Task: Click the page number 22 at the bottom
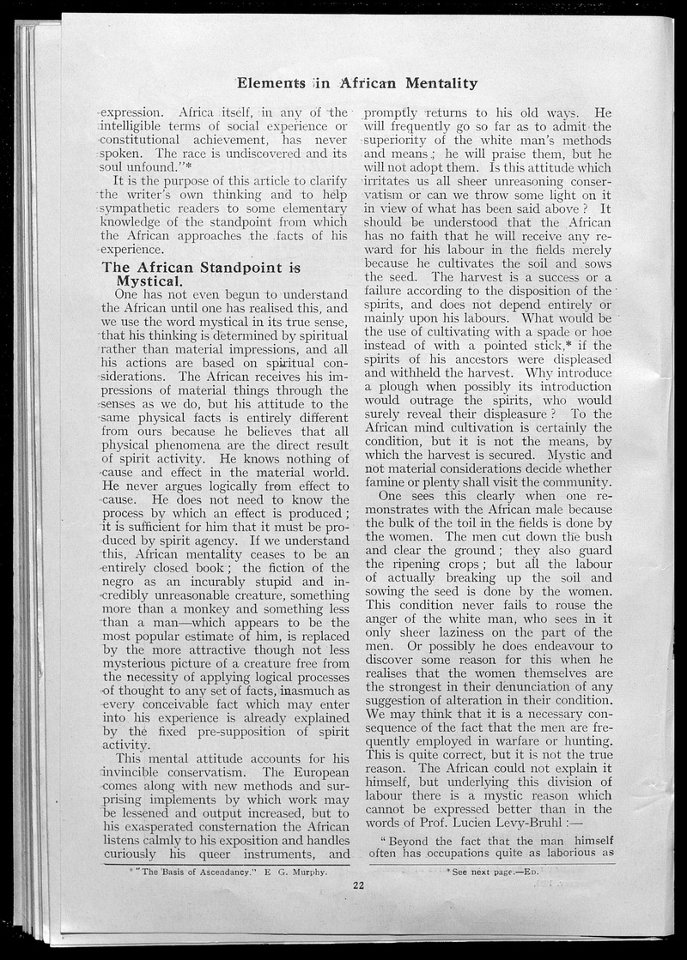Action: [x=359, y=887]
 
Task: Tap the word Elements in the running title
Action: [x=271, y=83]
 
